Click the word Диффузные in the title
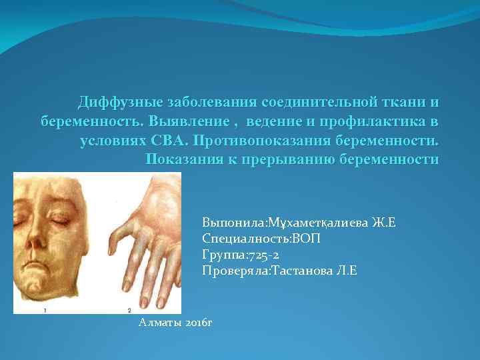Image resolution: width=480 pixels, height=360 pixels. (x=117, y=103)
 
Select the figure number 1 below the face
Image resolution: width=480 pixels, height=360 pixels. (x=45, y=310)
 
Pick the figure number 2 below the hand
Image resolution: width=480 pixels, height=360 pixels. (x=128, y=310)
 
